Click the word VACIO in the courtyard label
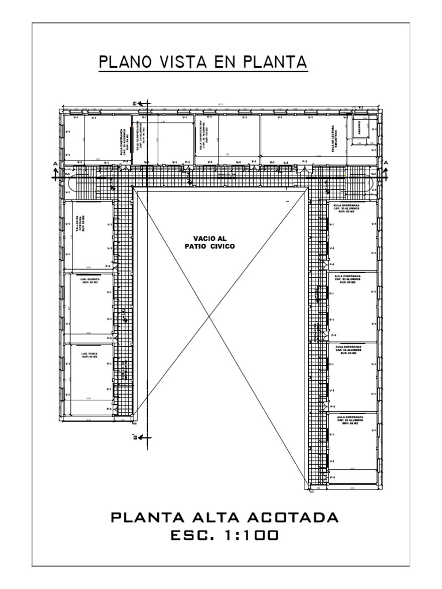coord(199,238)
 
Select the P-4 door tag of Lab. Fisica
coord(109,408)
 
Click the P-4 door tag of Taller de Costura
coord(108,266)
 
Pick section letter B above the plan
coord(135,104)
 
